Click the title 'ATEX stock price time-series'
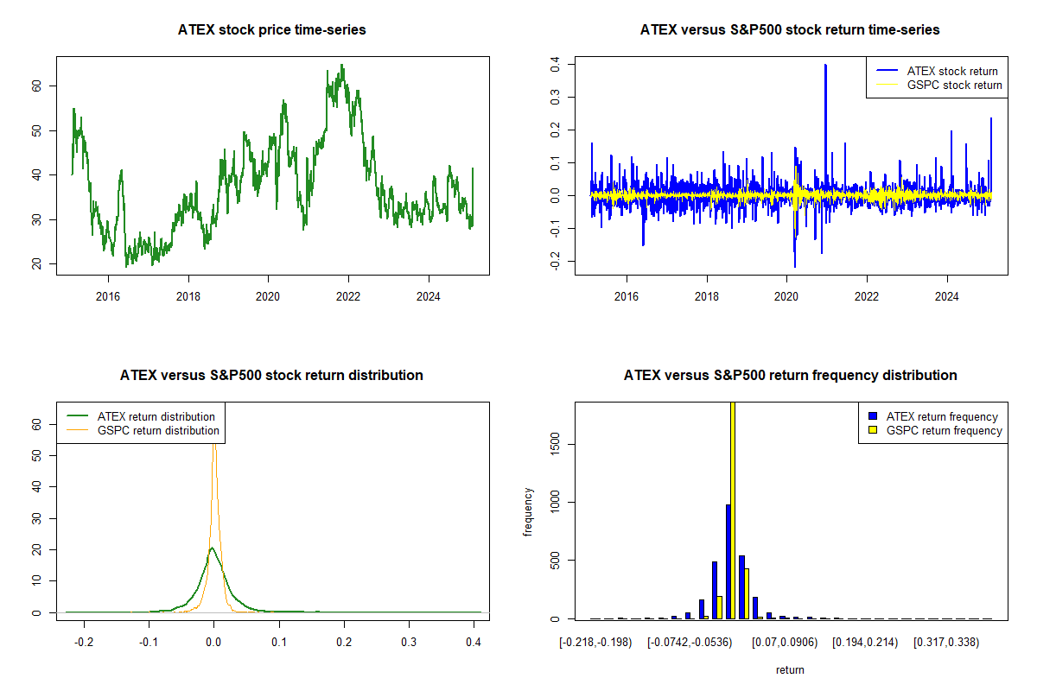pos(272,30)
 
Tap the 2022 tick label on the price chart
pos(348,296)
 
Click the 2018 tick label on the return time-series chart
pos(707,296)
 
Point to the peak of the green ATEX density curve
pos(212,548)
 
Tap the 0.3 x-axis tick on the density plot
pos(409,643)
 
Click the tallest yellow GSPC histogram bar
pos(733,510)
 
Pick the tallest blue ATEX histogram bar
pos(728,561)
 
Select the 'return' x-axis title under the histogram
pos(790,669)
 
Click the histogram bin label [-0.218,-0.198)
pos(595,643)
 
